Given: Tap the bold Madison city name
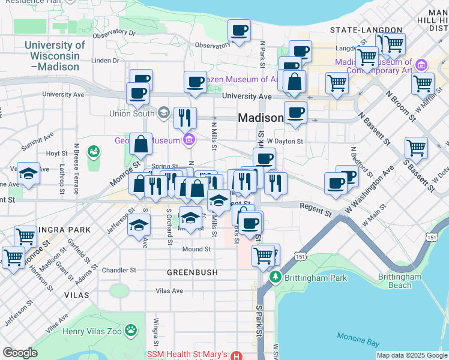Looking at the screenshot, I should click(x=261, y=118).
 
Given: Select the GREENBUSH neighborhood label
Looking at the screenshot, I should click(x=192, y=272).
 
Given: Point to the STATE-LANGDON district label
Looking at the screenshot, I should click(x=366, y=29).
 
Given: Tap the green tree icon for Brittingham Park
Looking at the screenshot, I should click(x=275, y=277).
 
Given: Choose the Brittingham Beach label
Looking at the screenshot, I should click(x=400, y=281).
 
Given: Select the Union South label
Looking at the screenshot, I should click(x=132, y=113).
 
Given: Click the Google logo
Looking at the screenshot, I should click(x=20, y=353).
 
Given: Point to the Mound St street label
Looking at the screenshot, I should click(x=196, y=249).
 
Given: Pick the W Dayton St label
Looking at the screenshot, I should click(x=285, y=142).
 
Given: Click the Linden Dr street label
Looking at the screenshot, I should click(x=105, y=61).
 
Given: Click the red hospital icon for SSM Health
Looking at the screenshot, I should click(x=237, y=356).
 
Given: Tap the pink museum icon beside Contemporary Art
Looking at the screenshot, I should click(x=421, y=64).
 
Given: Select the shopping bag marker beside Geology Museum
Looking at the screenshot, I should click(x=140, y=145).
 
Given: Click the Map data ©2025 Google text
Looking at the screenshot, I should click(x=412, y=355).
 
